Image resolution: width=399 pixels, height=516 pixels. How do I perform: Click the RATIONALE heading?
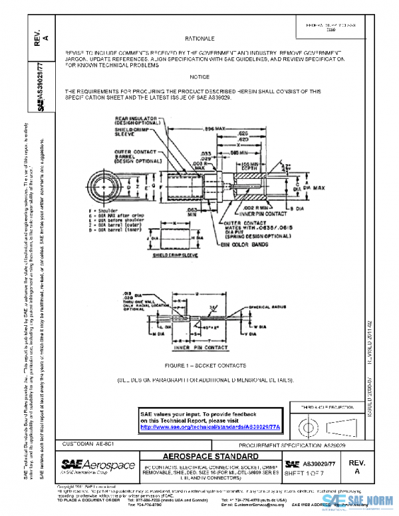pos(196,39)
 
